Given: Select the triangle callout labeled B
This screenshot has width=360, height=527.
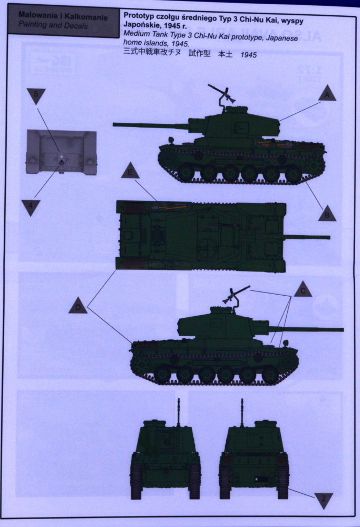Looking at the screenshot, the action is (x=327, y=214).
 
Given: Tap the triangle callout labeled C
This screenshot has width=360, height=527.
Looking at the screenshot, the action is (x=303, y=290).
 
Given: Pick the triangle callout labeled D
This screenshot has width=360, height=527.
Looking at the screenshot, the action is (x=77, y=306).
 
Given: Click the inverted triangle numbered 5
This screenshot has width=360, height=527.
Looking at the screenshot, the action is (x=36, y=95).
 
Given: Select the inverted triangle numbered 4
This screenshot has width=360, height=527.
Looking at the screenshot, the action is (x=31, y=207).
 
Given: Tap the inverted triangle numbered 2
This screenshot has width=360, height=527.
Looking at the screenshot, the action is (x=324, y=500).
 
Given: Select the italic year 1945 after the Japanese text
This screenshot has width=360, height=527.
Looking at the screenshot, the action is (x=248, y=55).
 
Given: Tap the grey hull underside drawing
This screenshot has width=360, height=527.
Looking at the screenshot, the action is (x=61, y=152).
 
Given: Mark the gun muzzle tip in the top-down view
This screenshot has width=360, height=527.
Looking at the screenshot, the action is (x=329, y=238).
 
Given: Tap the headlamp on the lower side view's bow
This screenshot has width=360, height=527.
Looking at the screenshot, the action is (x=286, y=343).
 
